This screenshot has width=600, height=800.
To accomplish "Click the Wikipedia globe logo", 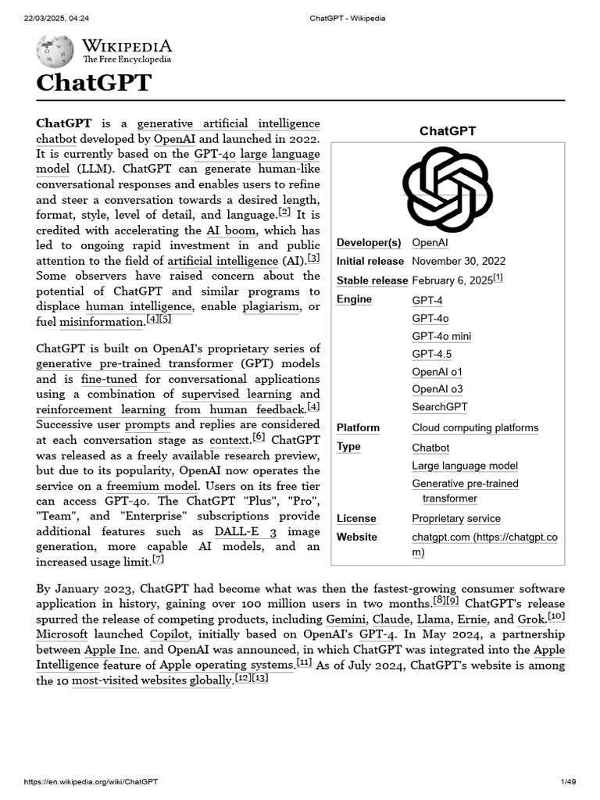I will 55,52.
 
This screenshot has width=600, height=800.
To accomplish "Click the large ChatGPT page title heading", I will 93,83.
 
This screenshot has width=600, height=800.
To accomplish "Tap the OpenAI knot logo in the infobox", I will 447,189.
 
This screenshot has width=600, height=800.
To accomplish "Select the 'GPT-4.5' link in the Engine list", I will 431,354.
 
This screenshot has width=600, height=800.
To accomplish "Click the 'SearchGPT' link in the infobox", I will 439,407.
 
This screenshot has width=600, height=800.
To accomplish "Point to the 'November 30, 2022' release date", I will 459,261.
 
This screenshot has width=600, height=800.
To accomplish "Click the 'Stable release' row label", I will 372,280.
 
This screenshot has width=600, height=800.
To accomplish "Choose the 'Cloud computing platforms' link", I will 475,427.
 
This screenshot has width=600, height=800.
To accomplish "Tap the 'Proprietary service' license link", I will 456,519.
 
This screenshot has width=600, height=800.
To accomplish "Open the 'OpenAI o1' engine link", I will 437,371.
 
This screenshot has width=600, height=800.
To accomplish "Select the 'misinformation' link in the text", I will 90,322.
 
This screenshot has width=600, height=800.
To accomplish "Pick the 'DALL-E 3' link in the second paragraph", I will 245,531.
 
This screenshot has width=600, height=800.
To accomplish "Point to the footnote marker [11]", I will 305,662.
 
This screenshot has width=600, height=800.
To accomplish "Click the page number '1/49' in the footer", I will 568,782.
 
